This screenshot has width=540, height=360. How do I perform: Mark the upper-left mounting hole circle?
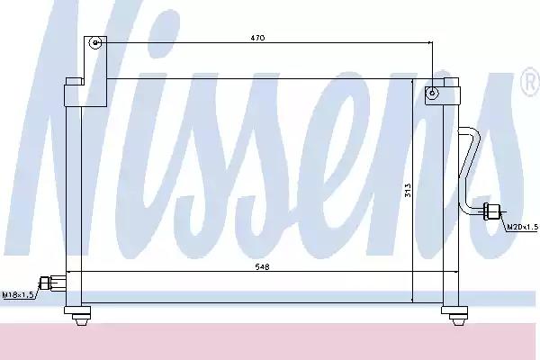coord(94,42)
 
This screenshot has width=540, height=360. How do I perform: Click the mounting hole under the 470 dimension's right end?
coord(433,92)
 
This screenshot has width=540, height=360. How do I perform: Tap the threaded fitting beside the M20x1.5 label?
coord(492,211)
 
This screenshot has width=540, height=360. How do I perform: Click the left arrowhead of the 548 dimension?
coord(72,272)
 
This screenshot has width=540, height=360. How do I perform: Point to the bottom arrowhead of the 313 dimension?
coord(413,299)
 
